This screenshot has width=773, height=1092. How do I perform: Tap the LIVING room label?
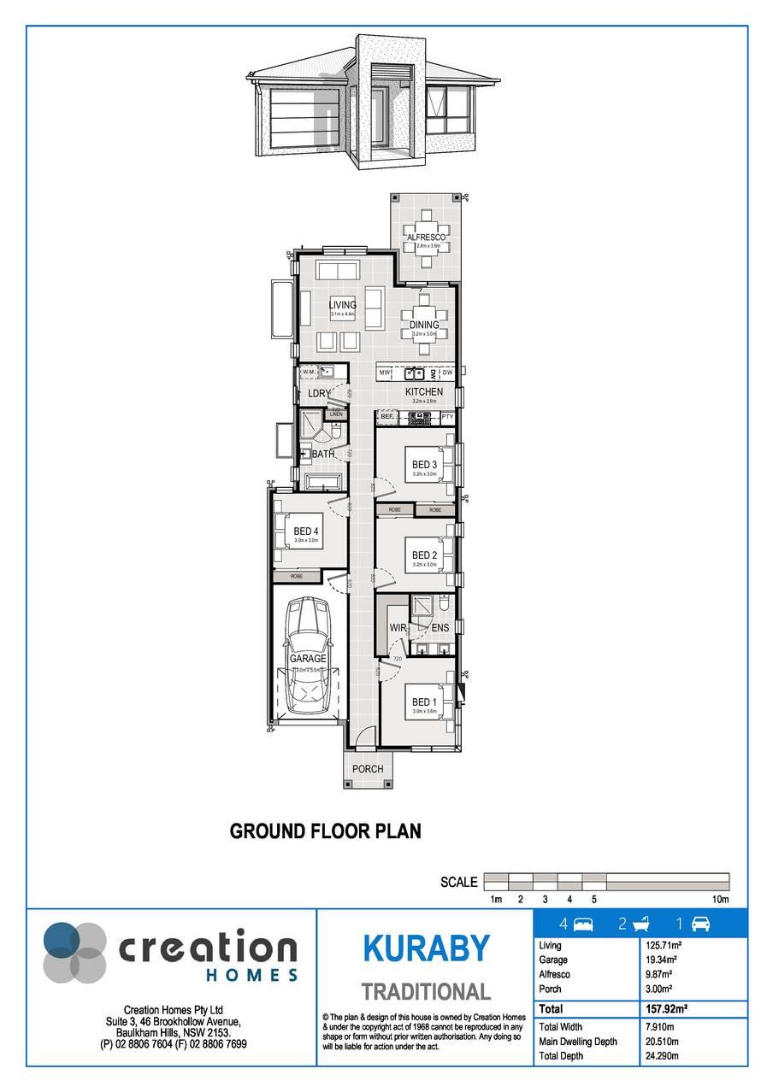click(x=342, y=304)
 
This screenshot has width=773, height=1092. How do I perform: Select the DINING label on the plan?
click(x=424, y=325)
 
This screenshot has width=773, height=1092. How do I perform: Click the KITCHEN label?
click(x=424, y=392)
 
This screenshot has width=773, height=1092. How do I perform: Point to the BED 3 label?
click(x=424, y=465)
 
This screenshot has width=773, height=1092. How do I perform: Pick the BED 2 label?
click(x=424, y=555)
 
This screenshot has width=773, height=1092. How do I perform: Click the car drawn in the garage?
click(x=308, y=654)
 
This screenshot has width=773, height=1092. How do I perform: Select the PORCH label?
click(x=369, y=769)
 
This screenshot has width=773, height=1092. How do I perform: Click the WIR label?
click(x=398, y=628)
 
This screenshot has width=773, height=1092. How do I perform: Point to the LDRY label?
click(x=319, y=393)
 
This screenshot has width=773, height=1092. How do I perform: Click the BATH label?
click(x=322, y=454)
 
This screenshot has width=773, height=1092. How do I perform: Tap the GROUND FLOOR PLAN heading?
click(x=325, y=831)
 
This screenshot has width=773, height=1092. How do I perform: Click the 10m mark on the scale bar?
click(x=720, y=900)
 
